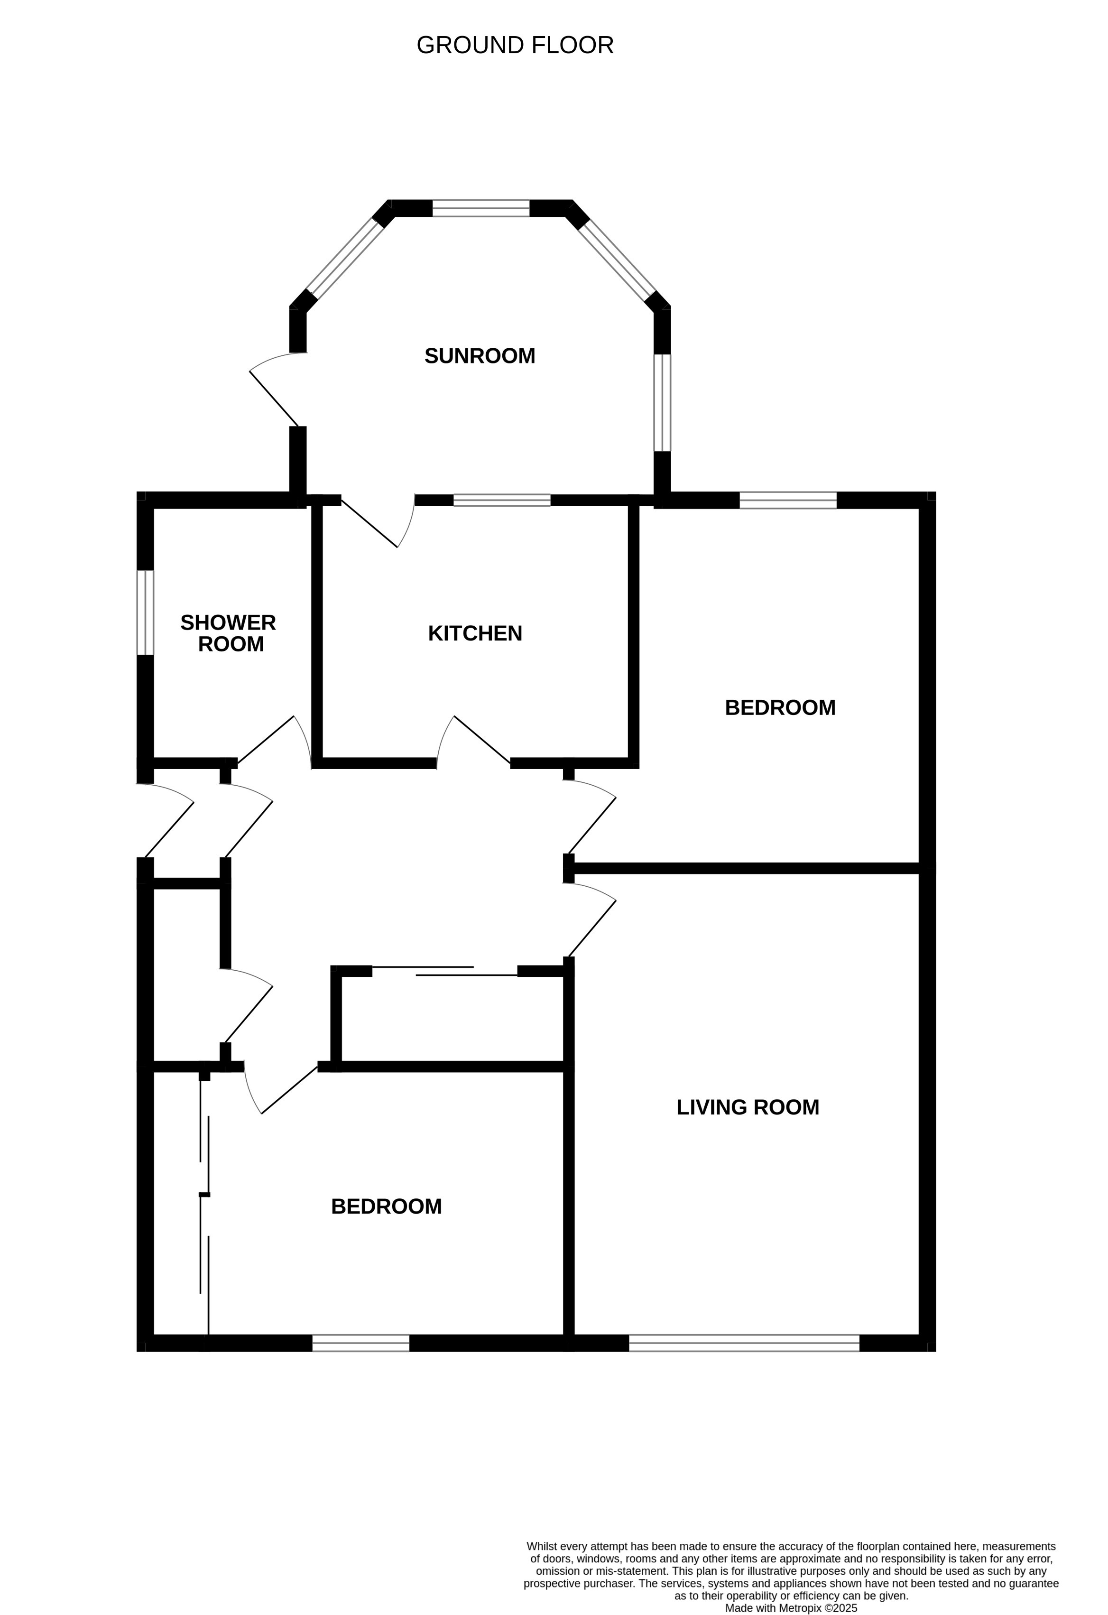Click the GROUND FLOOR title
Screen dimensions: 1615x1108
coord(515,45)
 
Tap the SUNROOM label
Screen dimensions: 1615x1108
coord(480,356)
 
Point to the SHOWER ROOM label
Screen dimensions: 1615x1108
coord(229,633)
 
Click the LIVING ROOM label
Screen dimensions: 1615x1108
coord(748,1107)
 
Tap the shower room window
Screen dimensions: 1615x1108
coord(145,612)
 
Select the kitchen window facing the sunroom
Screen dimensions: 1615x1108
coord(501,500)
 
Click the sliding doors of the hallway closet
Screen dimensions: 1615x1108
coord(444,971)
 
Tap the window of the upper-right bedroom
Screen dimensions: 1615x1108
coord(788,500)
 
